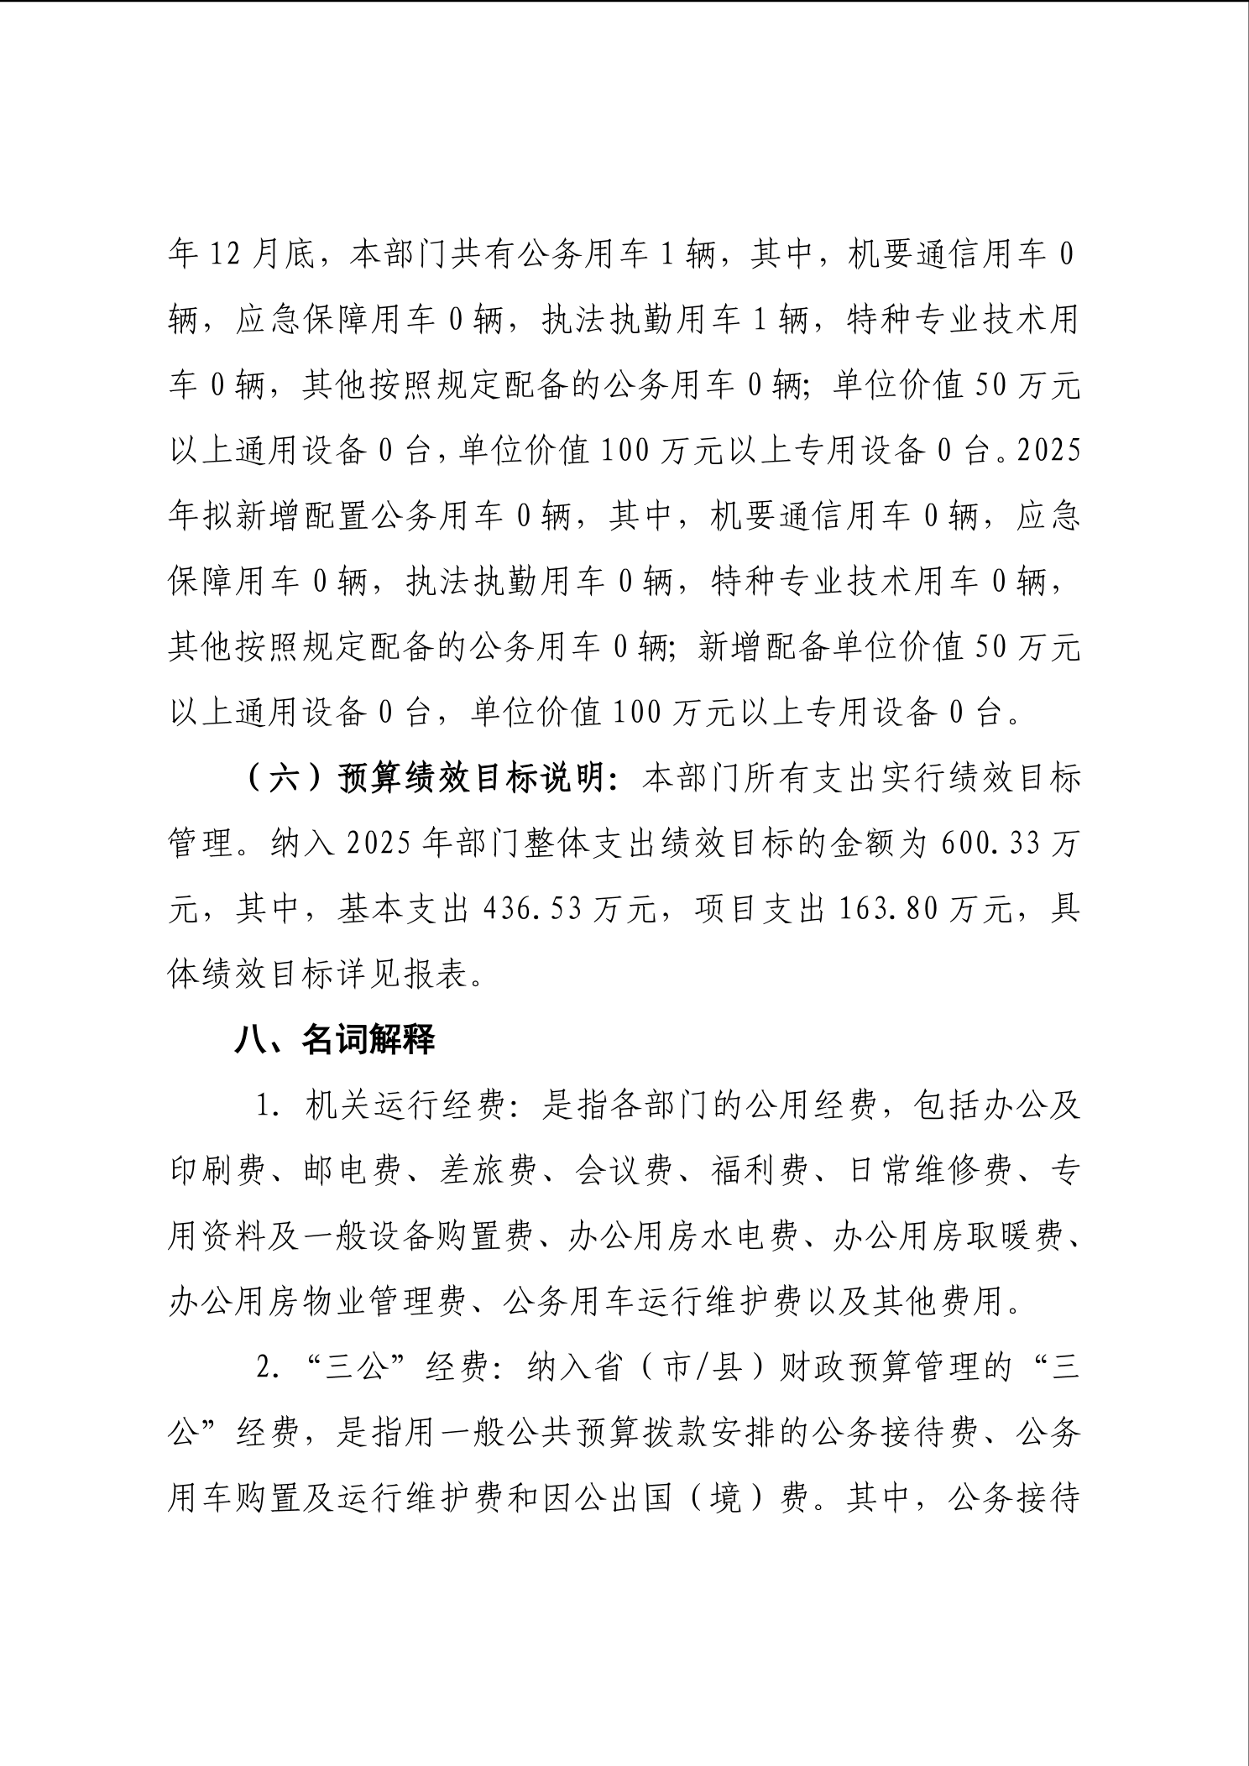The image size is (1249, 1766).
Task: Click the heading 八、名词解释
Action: (334, 1041)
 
